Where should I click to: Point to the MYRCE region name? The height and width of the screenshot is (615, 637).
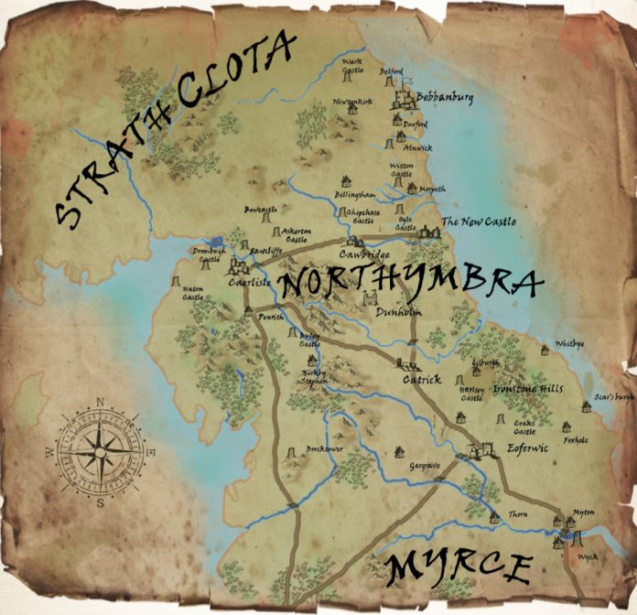pyautogui.click(x=459, y=569)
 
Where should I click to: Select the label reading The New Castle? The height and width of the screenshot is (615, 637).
pyautogui.click(x=479, y=222)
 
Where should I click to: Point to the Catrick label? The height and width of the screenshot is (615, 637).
pyautogui.click(x=422, y=378)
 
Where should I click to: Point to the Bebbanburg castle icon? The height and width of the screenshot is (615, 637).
pyautogui.click(x=404, y=98)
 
